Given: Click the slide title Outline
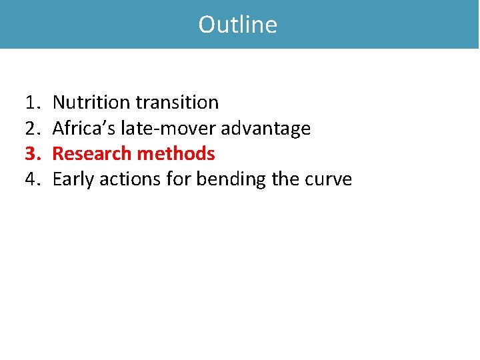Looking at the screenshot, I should [238, 25].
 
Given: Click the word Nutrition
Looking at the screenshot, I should [91, 103].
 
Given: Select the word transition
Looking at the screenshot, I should [177, 103].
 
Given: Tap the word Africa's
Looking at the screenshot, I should [84, 128].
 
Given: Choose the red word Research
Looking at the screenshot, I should [92, 154].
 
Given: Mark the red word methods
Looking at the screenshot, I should [176, 154].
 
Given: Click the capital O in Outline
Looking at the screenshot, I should [207, 25].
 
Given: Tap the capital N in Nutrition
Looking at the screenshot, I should [59, 103].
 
